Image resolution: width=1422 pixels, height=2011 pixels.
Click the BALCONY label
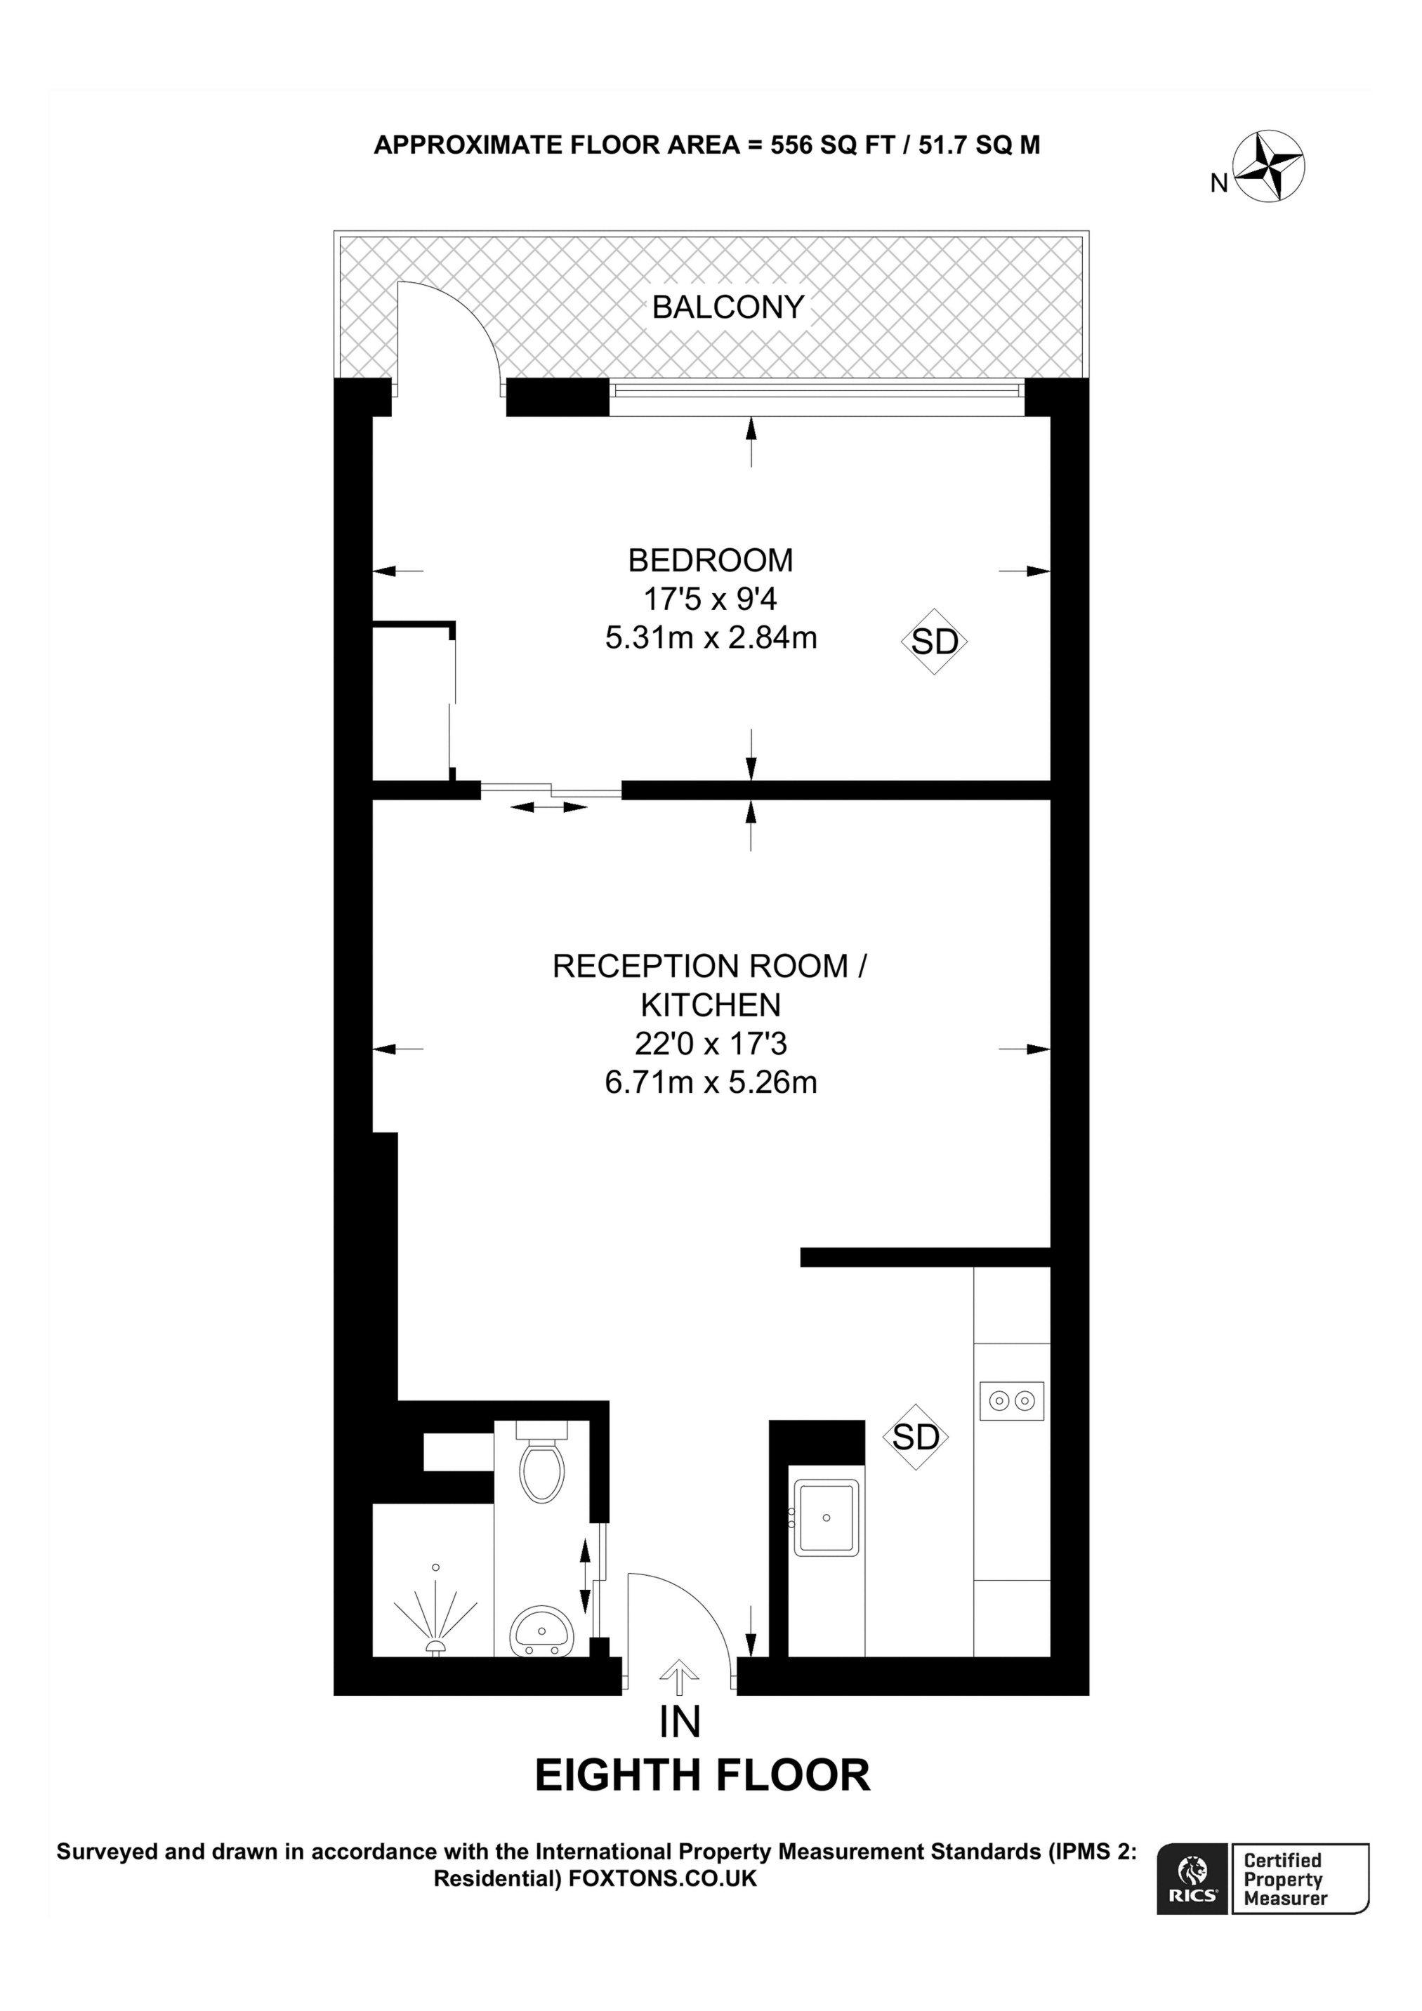728,307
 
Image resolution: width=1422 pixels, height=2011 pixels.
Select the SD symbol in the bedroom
934,642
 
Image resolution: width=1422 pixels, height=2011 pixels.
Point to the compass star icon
1269,166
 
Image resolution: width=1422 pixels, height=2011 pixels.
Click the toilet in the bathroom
541,1471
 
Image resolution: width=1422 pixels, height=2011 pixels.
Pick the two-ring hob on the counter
1011,1402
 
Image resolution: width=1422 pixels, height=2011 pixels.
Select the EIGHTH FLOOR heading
703,1775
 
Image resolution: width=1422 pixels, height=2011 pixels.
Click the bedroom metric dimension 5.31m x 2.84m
711,637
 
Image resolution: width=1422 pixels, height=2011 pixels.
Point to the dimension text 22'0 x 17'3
711,1043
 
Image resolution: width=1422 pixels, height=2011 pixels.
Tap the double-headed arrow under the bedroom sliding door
548,807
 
